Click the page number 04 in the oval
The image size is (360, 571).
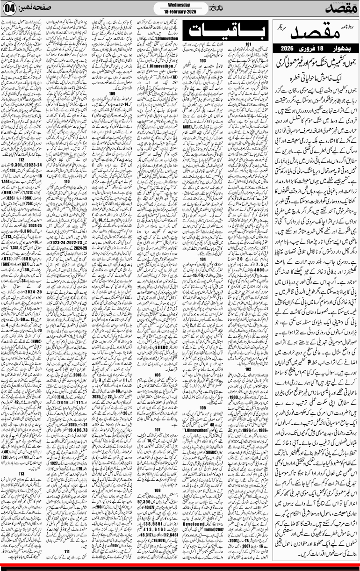[x=10, y=8]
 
